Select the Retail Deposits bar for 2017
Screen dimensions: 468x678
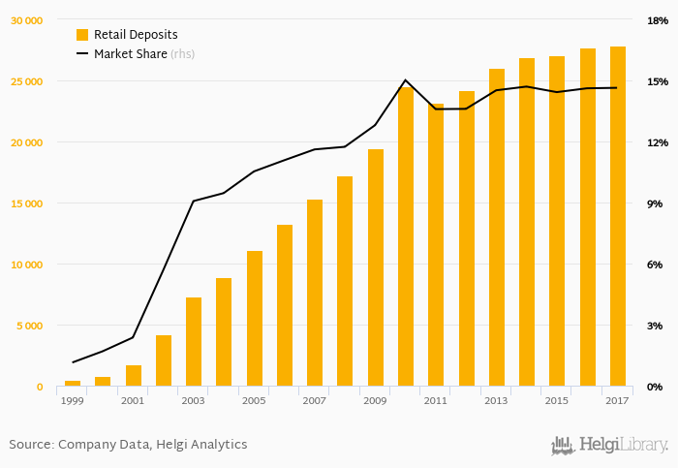tap(618, 217)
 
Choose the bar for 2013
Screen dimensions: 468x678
tap(497, 228)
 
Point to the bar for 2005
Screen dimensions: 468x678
tap(255, 319)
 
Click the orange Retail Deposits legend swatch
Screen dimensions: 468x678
tap(82, 35)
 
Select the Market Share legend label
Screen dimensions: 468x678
tap(130, 54)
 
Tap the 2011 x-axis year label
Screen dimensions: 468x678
tap(436, 400)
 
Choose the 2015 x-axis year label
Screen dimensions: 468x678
tap(557, 400)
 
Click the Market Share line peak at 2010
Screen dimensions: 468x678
tap(406, 80)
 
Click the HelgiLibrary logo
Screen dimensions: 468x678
tap(609, 445)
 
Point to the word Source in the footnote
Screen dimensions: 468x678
tap(30, 445)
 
